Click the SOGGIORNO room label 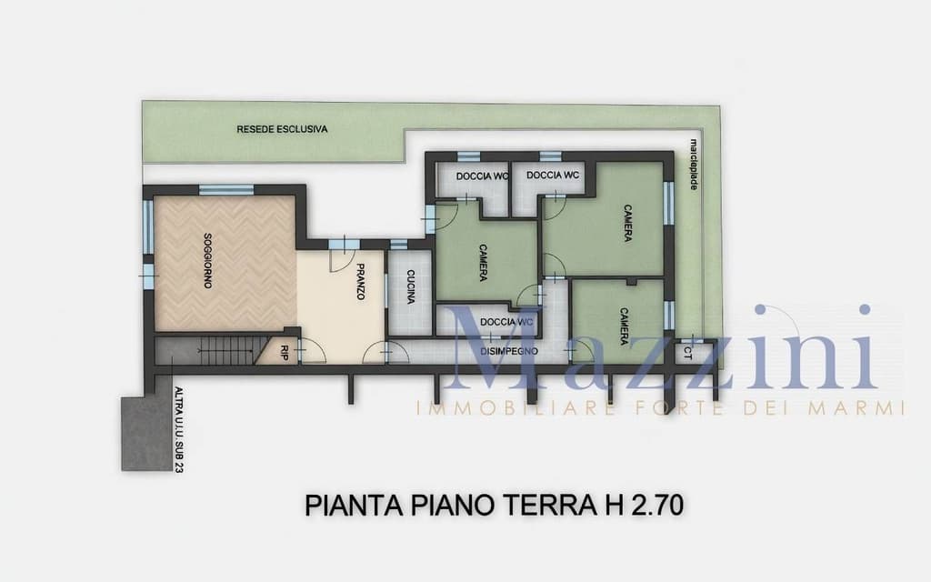coord(207,262)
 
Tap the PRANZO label coord(360,282)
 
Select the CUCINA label coord(411,287)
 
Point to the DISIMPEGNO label coord(509,351)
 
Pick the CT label coord(688,350)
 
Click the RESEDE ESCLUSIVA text coord(282,129)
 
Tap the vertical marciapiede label coord(694,165)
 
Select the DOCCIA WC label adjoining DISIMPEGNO coord(506,322)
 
